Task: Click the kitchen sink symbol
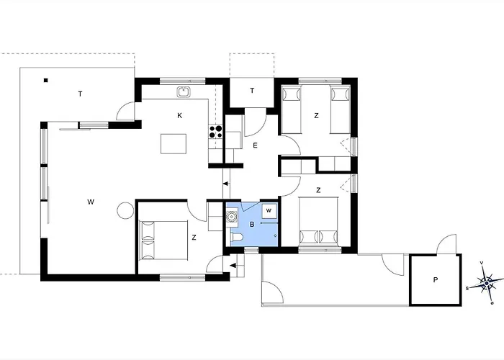point(184,91)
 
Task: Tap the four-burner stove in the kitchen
point(216,131)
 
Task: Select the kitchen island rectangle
point(174,144)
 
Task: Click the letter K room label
point(180,116)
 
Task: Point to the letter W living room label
point(91,202)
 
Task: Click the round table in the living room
point(125,210)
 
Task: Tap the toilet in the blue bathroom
point(237,237)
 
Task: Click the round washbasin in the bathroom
point(231,216)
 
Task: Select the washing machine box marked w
point(269,211)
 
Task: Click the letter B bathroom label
point(252,225)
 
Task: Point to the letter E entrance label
point(255,145)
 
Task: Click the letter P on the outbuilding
point(436,280)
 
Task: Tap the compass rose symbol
point(486,283)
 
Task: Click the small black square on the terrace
point(46,81)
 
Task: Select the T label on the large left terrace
point(80,94)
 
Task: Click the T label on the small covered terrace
point(252,91)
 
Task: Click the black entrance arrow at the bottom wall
point(234,265)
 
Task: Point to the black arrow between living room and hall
point(225,184)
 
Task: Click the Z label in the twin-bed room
point(316,116)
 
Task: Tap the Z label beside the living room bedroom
point(194,238)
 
